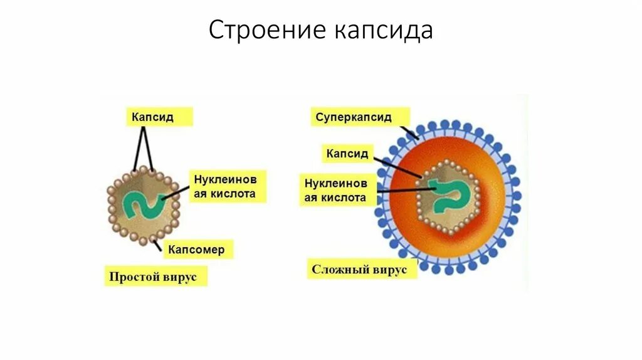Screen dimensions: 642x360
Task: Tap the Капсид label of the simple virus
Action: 153,117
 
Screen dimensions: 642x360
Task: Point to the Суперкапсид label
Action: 354,117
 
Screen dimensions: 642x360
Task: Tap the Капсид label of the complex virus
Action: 347,152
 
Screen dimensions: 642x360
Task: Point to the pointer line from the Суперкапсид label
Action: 407,131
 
